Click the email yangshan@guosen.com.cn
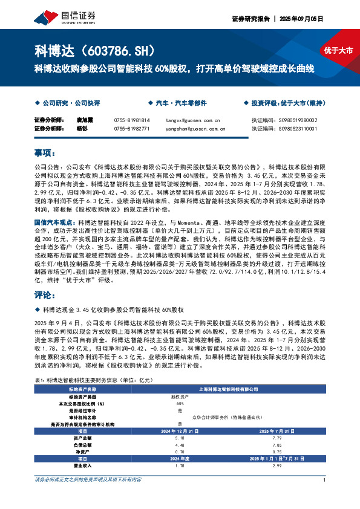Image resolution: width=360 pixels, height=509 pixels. [x=195, y=129]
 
